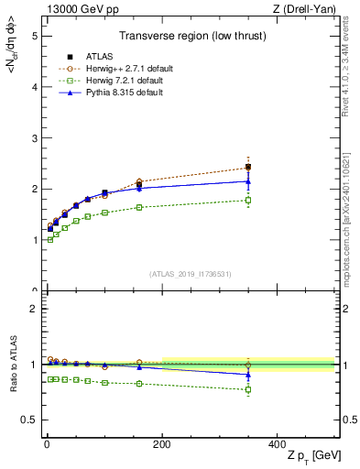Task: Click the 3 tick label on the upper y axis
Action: point(34,138)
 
